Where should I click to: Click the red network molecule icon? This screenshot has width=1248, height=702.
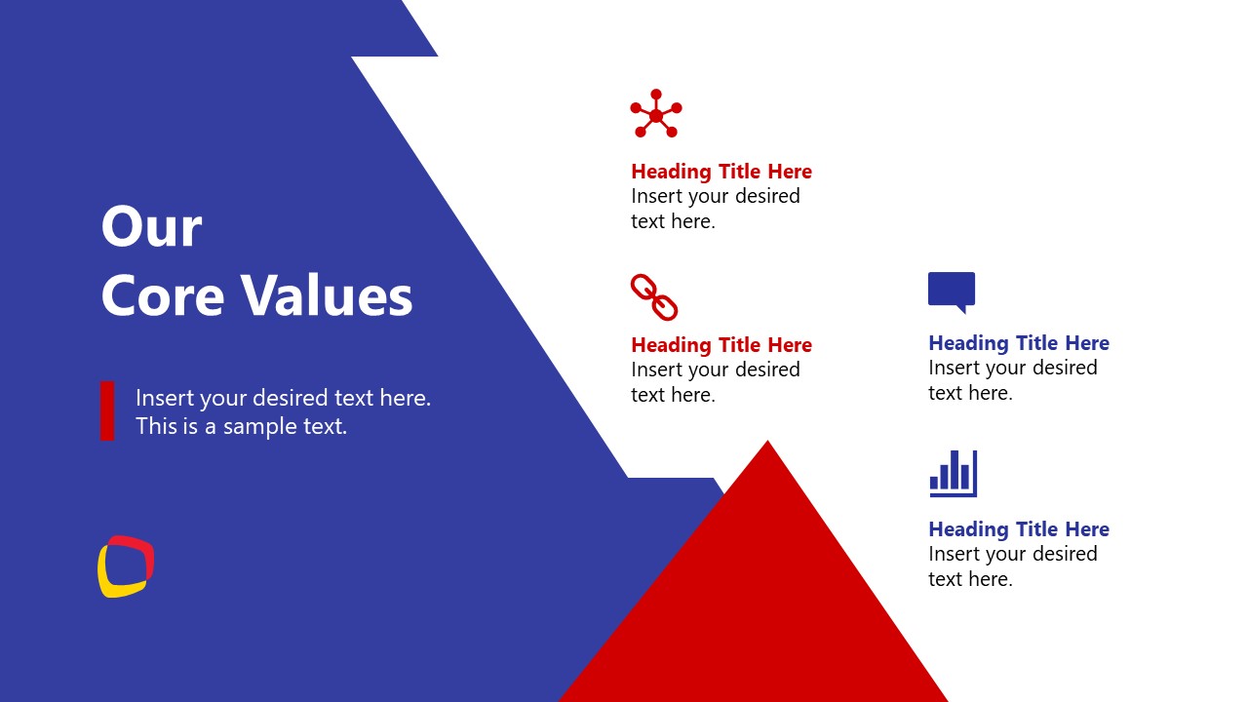(655, 114)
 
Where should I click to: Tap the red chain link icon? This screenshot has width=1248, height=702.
(653, 297)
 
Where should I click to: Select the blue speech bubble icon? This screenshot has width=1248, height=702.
(952, 291)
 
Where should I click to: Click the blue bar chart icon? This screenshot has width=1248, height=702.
(953, 473)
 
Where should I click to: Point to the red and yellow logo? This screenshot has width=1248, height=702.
(126, 566)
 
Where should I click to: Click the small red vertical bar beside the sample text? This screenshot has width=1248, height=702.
(107, 410)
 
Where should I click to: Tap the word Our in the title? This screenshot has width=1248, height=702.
(151, 227)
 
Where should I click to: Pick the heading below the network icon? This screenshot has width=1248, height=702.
(721, 172)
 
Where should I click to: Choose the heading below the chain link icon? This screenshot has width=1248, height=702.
(721, 345)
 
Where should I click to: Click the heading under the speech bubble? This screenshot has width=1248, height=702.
(1019, 343)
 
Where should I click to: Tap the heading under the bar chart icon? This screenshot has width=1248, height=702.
(1019, 529)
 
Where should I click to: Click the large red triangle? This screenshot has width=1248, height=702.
(760, 604)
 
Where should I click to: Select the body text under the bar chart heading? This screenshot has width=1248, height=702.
(1013, 566)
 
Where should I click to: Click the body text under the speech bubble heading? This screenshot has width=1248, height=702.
(1013, 380)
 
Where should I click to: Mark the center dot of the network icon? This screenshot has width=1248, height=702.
(656, 116)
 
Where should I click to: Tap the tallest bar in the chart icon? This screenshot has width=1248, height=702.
(955, 469)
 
